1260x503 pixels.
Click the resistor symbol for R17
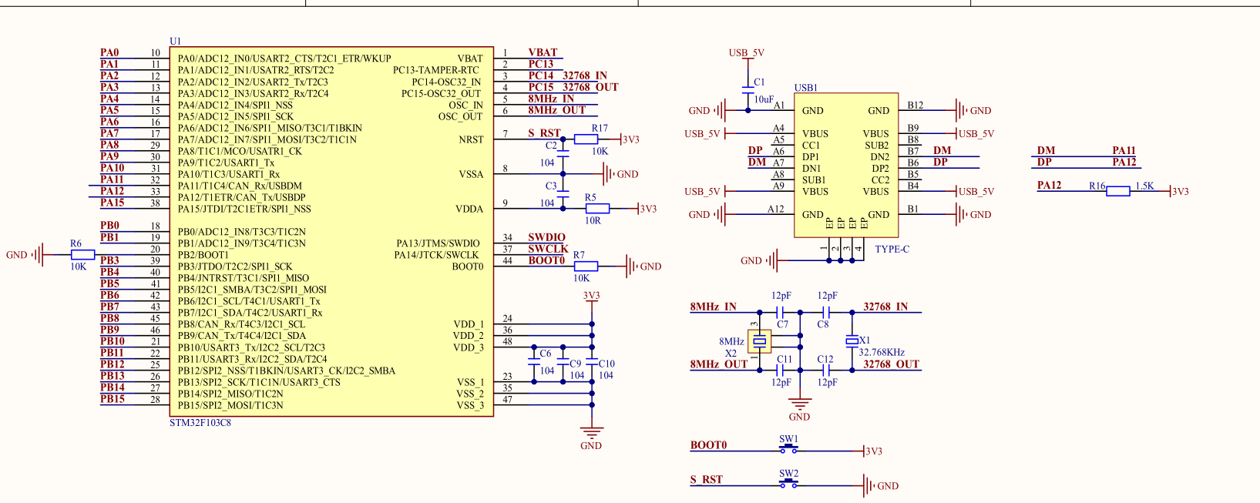pyautogui.click(x=586, y=139)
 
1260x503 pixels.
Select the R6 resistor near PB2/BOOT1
pyautogui.click(x=82, y=255)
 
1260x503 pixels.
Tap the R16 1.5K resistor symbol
pyautogui.click(x=1117, y=191)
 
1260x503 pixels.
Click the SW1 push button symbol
pyautogui.click(x=788, y=449)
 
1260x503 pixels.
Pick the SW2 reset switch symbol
pyautogui.click(x=788, y=484)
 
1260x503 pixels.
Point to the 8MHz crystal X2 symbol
pyautogui.click(x=759, y=341)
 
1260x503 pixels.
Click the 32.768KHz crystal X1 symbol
pyautogui.click(x=852, y=341)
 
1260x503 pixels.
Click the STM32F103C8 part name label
pyautogui.click(x=200, y=423)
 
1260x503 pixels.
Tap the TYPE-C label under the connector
pyautogui.click(x=892, y=249)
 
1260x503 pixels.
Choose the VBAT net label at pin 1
pyautogui.click(x=543, y=52)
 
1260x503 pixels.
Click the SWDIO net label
pyautogui.click(x=546, y=237)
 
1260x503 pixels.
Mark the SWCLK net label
pyautogui.click(x=548, y=248)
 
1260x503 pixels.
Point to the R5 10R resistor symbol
pyautogui.click(x=597, y=209)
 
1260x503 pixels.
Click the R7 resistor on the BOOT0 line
pyautogui.click(x=586, y=267)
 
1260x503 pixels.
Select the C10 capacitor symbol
pyautogui.click(x=591, y=363)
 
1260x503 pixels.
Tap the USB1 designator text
pyautogui.click(x=806, y=88)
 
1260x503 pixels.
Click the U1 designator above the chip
pyautogui.click(x=176, y=41)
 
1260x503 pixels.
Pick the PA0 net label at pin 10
pyautogui.click(x=109, y=52)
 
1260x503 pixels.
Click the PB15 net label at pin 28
pyautogui.click(x=113, y=399)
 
